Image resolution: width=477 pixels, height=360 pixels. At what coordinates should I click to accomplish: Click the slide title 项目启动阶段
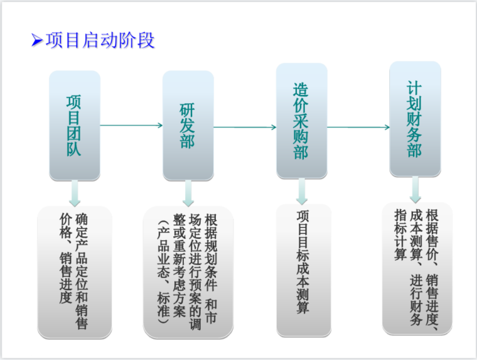[100, 41]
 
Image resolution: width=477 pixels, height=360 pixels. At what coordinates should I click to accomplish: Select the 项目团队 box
[75, 126]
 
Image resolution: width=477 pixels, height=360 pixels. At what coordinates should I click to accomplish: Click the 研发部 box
[188, 126]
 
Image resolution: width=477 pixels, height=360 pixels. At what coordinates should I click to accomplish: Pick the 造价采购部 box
[301, 121]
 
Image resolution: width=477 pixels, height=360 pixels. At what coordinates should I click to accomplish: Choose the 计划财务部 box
[414, 118]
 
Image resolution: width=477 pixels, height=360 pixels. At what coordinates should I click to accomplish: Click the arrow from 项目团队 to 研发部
[131, 126]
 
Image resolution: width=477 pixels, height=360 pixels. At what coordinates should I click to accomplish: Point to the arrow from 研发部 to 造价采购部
[245, 127]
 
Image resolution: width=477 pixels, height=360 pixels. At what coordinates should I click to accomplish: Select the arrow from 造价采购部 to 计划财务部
[358, 127]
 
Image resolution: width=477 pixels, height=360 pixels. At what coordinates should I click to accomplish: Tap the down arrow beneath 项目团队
[75, 193]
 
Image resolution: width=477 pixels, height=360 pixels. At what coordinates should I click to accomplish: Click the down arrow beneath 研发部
[188, 193]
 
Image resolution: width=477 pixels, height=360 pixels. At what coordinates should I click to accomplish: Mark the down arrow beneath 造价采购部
[301, 190]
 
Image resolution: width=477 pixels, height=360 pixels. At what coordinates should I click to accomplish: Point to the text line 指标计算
[400, 234]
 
